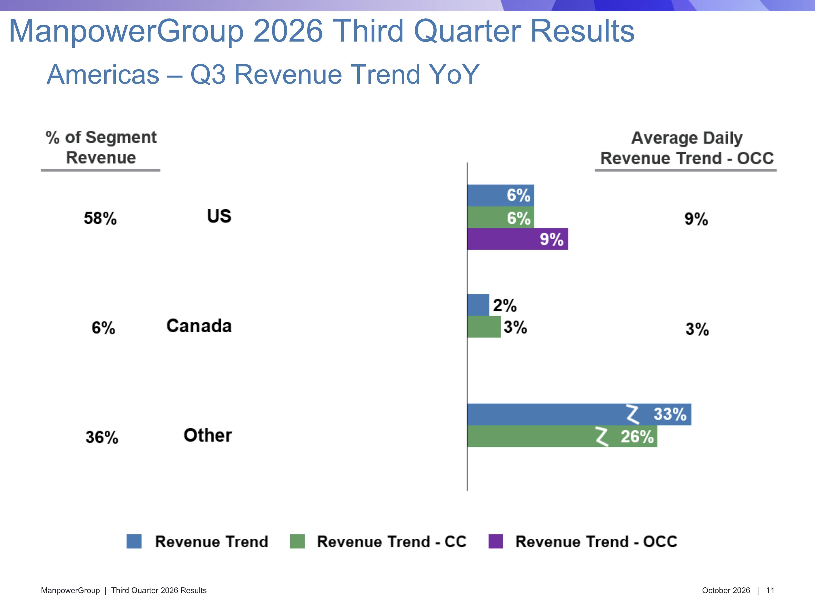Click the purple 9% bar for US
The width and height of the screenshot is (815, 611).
point(518,239)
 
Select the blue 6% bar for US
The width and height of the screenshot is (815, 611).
point(501,196)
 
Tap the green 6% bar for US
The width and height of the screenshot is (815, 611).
point(501,217)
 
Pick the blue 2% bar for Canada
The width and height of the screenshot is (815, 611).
point(478,305)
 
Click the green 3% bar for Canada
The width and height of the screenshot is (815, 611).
point(484,327)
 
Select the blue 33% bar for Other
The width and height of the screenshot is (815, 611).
point(579,415)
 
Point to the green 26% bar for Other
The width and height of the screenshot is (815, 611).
point(562,436)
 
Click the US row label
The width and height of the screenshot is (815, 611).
point(219,216)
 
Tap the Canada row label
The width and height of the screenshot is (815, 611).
point(199,326)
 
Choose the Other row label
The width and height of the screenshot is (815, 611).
point(208,435)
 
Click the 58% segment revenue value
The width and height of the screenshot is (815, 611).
point(100,218)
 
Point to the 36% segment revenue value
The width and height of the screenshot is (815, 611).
point(102,437)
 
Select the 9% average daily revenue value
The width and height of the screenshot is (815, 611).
point(696,219)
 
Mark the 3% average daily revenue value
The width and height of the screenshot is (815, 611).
point(697,329)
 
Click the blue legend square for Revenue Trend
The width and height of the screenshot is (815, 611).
point(134,541)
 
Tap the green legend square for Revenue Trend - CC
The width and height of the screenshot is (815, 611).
point(297,541)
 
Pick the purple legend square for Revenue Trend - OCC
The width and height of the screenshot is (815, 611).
point(496,541)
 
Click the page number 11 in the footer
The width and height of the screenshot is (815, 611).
point(770,590)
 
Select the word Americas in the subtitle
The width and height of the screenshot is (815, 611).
point(103,74)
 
